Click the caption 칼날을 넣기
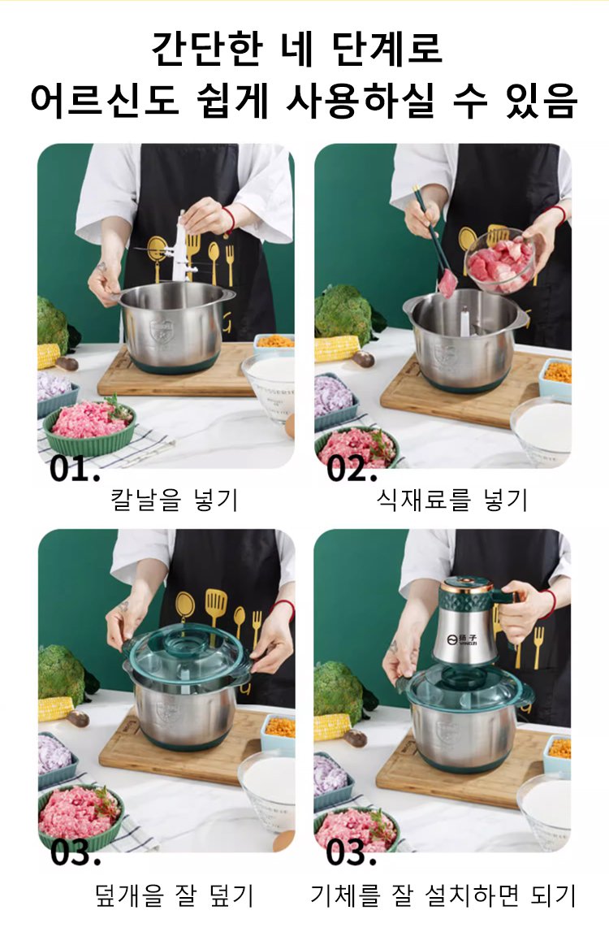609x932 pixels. tap(175, 500)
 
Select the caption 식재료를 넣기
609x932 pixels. tap(452, 500)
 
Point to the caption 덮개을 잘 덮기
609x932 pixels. tap(175, 895)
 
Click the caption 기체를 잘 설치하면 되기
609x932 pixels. tap(443, 895)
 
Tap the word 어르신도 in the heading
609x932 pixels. tap(105, 99)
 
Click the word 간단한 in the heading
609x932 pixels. tap(206, 48)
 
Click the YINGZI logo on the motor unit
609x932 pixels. tap(466, 639)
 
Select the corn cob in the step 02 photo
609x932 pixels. tap(336, 349)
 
